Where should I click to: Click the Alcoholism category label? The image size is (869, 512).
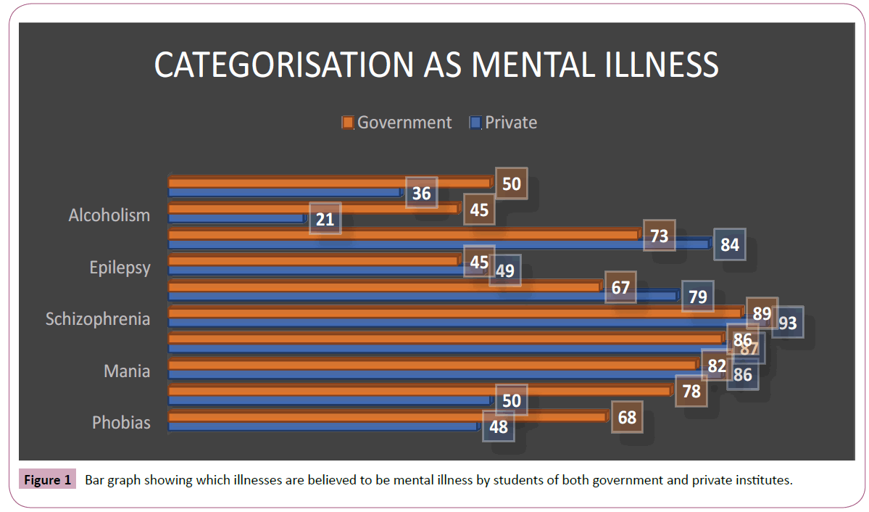[109, 215]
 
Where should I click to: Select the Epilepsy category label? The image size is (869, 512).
[120, 268]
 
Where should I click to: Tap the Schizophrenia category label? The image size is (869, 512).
[98, 319]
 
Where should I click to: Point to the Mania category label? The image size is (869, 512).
[127, 371]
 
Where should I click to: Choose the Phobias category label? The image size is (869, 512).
[121, 423]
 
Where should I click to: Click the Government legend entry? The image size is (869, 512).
[397, 123]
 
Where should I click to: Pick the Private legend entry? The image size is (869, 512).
[504, 123]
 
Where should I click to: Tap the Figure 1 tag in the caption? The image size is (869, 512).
[48, 480]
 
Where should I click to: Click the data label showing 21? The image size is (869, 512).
[325, 218]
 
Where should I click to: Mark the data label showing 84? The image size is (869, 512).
[729, 244]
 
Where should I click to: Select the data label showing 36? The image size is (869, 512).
[421, 193]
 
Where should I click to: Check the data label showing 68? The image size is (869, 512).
[627, 417]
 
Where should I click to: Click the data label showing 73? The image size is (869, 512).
[659, 235]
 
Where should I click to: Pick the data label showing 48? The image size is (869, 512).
[498, 426]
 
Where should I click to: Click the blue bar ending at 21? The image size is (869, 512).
[236, 218]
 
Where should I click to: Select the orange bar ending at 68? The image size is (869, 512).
[388, 416]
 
